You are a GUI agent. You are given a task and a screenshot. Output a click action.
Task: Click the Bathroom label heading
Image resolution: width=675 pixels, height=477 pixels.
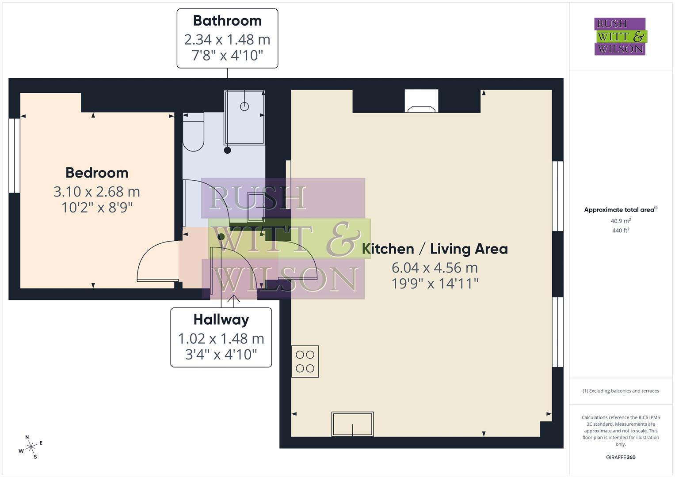pyautogui.click(x=227, y=21)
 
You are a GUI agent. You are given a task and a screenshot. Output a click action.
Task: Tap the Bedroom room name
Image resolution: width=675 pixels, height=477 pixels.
pyautogui.click(x=97, y=173)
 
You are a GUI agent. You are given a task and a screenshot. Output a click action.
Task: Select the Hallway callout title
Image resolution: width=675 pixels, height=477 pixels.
pyautogui.click(x=221, y=319)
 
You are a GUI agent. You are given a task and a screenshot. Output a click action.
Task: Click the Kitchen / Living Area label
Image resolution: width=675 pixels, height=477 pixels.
pyautogui.click(x=435, y=249)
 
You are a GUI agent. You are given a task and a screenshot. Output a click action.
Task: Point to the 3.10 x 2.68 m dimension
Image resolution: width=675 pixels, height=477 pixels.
pyautogui.click(x=97, y=192)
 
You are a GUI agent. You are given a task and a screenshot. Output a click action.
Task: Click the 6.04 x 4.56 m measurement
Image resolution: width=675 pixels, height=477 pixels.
pyautogui.click(x=435, y=268)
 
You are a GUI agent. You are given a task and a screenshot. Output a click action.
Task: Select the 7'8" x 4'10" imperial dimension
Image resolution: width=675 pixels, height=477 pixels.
pyautogui.click(x=227, y=56)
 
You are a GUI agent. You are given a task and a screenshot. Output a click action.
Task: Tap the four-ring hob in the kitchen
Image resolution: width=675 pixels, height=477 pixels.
pyautogui.click(x=305, y=361)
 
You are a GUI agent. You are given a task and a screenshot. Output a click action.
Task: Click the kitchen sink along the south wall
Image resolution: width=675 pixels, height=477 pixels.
pyautogui.click(x=352, y=424)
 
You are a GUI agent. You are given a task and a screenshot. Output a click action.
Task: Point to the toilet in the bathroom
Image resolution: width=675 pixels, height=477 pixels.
pyautogui.click(x=193, y=132)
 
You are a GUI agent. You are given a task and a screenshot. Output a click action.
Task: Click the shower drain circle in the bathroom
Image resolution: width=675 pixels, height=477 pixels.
pyautogui.click(x=244, y=106)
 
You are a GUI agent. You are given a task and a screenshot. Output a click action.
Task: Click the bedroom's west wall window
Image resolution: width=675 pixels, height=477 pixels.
pyautogui.click(x=15, y=155)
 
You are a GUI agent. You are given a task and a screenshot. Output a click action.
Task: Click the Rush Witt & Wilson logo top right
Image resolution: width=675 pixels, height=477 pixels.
pyautogui.click(x=620, y=36)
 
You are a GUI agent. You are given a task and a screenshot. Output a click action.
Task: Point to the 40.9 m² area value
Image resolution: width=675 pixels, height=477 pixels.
pyautogui.click(x=621, y=221)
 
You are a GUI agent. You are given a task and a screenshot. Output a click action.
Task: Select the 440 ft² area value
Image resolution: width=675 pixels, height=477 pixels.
pyautogui.click(x=621, y=231)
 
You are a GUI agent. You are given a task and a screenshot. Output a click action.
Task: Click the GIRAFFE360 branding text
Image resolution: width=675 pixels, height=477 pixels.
pyautogui.click(x=621, y=458)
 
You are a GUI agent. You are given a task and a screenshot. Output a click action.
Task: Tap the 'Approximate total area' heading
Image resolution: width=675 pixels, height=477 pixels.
pyautogui.click(x=621, y=210)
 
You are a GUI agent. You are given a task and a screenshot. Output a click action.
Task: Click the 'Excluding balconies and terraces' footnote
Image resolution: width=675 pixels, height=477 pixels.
pyautogui.click(x=621, y=391)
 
